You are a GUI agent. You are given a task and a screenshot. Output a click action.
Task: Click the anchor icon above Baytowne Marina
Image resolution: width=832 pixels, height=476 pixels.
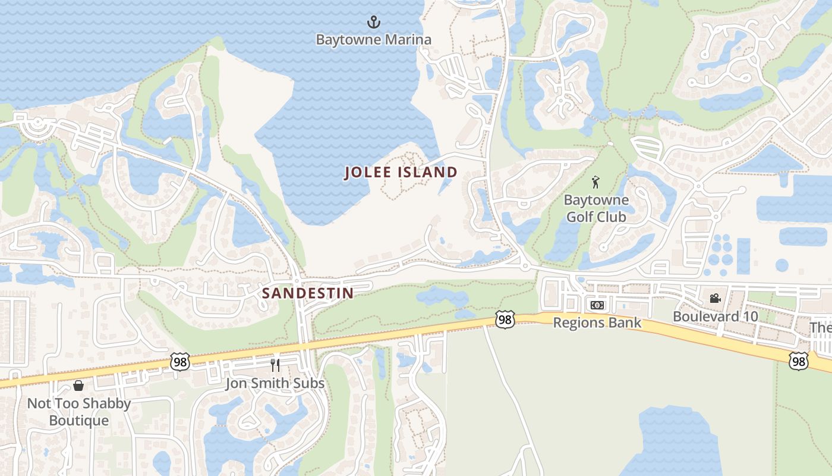373,23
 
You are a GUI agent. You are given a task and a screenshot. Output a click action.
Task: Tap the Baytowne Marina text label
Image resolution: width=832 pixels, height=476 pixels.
373,40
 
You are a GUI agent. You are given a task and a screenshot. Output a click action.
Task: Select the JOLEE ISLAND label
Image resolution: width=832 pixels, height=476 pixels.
401,173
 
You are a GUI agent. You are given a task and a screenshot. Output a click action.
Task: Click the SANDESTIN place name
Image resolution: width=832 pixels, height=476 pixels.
308,293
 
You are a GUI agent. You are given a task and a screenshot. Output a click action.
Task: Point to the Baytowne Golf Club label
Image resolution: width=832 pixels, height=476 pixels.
595,208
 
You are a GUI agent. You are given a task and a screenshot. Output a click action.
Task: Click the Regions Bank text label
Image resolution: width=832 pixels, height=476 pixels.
597,322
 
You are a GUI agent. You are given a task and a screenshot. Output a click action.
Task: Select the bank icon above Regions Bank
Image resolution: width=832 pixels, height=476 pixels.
597,305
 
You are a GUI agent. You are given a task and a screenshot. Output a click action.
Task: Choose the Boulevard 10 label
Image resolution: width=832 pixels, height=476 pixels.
715,316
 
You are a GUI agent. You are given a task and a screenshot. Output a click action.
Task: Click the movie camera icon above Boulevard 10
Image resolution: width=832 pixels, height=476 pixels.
715,298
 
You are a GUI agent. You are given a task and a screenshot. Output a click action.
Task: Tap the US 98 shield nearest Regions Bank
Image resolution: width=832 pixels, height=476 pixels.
504,320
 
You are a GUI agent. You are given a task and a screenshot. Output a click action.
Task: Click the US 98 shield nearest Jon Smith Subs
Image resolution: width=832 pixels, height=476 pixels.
179,361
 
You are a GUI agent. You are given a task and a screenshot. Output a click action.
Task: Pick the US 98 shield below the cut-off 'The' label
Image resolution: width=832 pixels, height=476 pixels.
799,361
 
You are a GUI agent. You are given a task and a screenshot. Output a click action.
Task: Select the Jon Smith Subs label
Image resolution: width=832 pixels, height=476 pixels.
275,383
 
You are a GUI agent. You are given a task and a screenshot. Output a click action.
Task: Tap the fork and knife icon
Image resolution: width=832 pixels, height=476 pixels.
275,365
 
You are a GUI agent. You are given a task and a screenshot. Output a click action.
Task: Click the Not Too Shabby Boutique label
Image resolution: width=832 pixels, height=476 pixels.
78,412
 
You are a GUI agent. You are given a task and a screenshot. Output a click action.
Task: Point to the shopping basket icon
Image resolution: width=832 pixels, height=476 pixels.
78,386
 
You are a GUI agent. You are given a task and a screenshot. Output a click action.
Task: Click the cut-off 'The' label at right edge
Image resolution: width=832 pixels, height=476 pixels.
821,328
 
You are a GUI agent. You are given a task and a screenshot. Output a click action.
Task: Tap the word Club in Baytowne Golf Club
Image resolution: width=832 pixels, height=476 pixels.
612,217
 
